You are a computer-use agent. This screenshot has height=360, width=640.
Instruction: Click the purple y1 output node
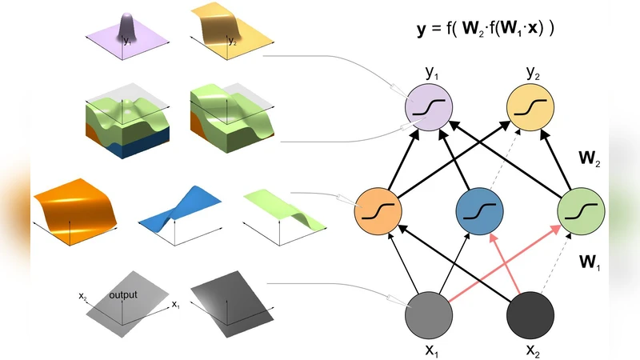click(x=430, y=106)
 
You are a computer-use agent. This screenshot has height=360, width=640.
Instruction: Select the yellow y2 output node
click(x=531, y=106)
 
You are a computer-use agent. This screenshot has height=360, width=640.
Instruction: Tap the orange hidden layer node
click(x=378, y=211)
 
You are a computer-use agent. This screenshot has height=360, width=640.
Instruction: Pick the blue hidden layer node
click(x=479, y=211)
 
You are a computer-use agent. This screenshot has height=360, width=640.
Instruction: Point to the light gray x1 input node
click(x=430, y=314)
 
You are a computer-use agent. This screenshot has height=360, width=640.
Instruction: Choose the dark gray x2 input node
click(x=531, y=314)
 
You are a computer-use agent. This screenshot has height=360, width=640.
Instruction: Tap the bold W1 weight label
click(x=590, y=261)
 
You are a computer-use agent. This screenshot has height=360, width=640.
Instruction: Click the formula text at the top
click(x=485, y=30)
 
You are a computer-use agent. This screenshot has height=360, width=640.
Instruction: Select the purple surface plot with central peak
click(x=127, y=36)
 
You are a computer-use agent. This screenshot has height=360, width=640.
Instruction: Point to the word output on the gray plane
click(x=123, y=294)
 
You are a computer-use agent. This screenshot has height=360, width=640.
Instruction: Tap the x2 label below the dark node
click(x=531, y=349)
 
